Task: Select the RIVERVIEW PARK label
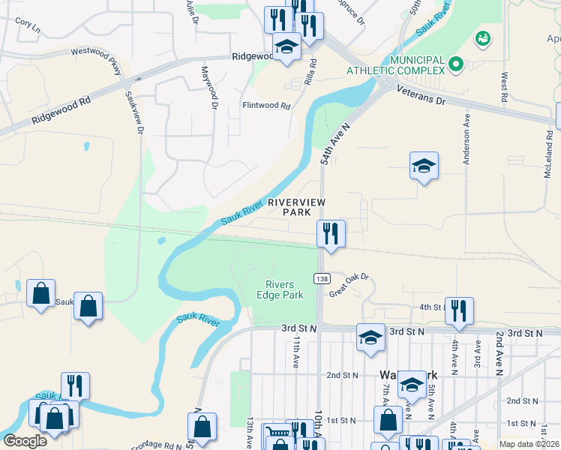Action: point(296,207)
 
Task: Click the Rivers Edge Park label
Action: point(284,289)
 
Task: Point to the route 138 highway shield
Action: point(322,279)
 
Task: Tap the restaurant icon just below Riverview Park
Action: point(330,234)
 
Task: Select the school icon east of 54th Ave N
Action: point(424,166)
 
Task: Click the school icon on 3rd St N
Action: point(370,337)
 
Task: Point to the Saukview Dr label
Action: point(134,113)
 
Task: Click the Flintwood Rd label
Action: point(265,106)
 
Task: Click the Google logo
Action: point(25,440)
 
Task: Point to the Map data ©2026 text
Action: point(529,444)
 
